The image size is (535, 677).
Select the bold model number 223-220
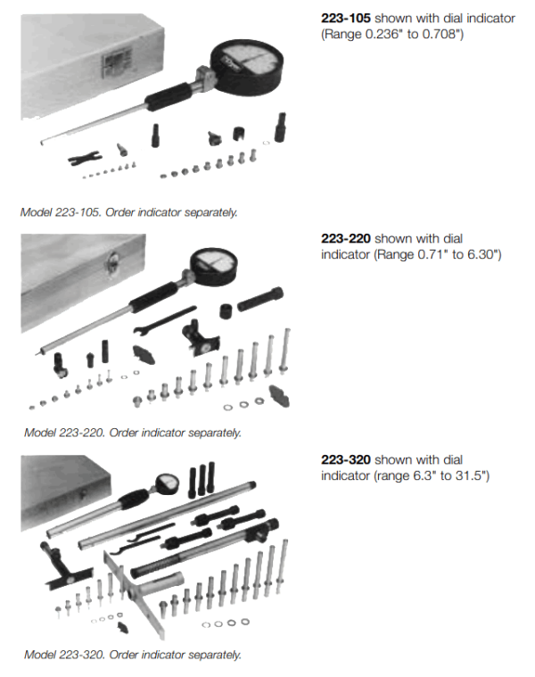click(x=345, y=239)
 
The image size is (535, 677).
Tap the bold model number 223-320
click(x=345, y=460)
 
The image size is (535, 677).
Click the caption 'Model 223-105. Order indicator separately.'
click(x=129, y=212)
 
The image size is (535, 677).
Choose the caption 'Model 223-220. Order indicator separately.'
click(x=132, y=433)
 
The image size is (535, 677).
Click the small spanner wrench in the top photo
click(x=83, y=158)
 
